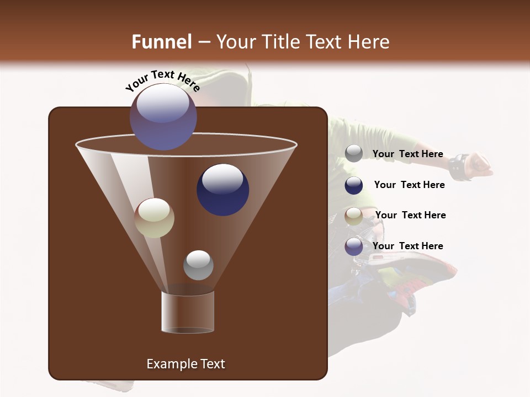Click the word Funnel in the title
point(161,41)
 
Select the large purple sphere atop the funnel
point(163,116)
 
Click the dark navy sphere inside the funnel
point(222,189)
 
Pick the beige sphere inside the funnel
point(155,218)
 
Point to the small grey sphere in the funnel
point(198,265)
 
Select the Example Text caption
point(185,364)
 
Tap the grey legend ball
point(354,154)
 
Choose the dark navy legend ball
point(354,185)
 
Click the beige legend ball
point(354,216)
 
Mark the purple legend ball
point(354,246)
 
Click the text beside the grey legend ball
point(407,154)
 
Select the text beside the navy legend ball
point(409,185)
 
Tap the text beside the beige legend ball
point(410,215)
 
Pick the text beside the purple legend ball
point(407,246)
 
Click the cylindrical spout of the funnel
point(187,312)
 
